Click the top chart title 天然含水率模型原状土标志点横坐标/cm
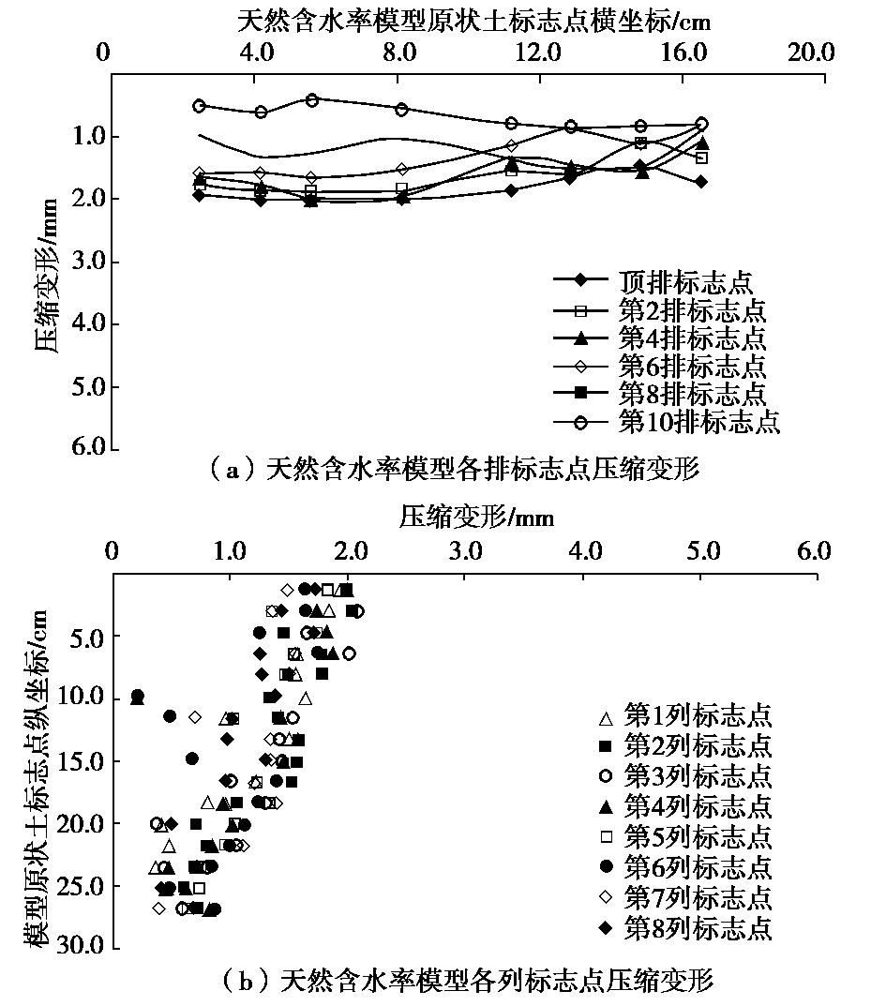[x=464, y=19]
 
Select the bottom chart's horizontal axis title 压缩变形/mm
[x=464, y=517]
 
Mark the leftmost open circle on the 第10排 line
[x=199, y=106]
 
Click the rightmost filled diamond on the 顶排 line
[x=700, y=181]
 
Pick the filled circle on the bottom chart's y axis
[x=138, y=696]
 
